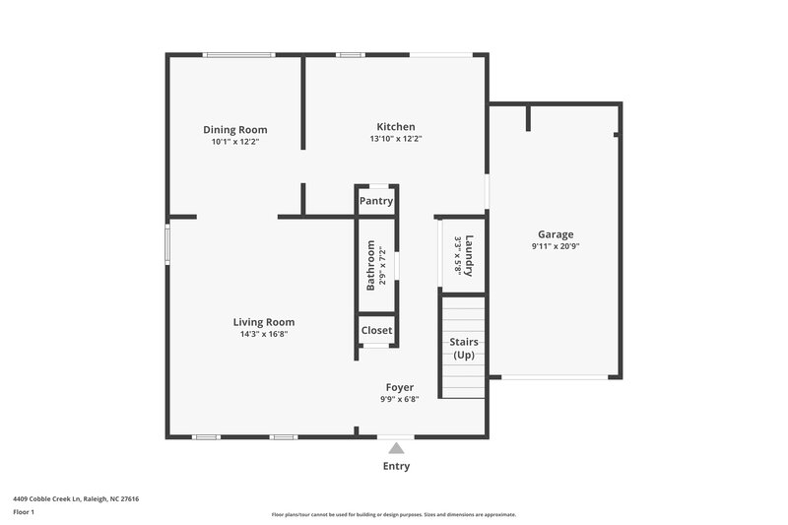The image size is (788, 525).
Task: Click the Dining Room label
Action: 234,130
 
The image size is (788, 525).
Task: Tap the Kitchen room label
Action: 396,126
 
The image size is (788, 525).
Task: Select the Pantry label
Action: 376,201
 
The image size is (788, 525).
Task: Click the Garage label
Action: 556,234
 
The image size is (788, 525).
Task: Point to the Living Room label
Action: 263,322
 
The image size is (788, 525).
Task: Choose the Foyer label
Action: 399,387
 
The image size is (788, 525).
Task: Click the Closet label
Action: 376,330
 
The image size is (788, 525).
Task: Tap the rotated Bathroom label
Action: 371,267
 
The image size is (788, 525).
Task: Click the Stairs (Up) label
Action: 464,348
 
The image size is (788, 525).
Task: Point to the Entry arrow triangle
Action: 396,447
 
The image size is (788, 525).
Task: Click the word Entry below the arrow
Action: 396,466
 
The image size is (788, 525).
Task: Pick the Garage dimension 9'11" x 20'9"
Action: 556,247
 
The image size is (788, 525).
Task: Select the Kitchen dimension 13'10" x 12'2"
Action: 396,139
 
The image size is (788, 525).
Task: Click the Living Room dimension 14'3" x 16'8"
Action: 263,334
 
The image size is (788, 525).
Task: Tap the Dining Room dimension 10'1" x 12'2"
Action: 234,142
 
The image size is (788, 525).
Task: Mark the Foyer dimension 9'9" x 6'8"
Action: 399,399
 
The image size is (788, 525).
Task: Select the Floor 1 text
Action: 24,513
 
